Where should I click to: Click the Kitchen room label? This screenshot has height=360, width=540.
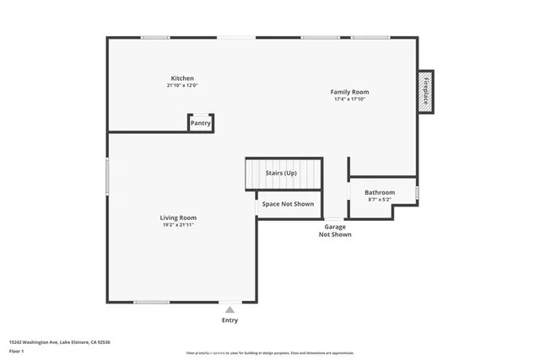pyautogui.click(x=182, y=78)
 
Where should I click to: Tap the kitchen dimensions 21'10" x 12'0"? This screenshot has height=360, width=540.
pyautogui.click(x=182, y=85)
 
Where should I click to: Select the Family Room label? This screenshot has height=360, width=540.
pyautogui.click(x=349, y=92)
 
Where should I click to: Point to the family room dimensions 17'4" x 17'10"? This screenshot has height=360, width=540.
pyautogui.click(x=349, y=99)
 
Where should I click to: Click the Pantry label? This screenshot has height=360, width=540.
pyautogui.click(x=201, y=123)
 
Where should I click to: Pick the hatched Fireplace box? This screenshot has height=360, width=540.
pyautogui.click(x=425, y=91)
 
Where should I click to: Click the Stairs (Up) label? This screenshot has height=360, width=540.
pyautogui.click(x=281, y=173)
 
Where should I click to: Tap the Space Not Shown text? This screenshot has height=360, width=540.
pyautogui.click(x=288, y=204)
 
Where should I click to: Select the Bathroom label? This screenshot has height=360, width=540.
pyautogui.click(x=380, y=192)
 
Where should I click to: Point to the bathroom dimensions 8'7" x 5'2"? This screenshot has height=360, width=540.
pyautogui.click(x=380, y=200)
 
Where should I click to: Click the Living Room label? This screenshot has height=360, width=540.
pyautogui.click(x=178, y=218)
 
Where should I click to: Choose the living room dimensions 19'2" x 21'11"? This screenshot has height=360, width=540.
pyautogui.click(x=178, y=225)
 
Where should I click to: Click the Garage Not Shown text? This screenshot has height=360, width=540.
pyautogui.click(x=335, y=230)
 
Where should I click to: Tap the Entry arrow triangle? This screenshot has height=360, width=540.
pyautogui.click(x=229, y=310)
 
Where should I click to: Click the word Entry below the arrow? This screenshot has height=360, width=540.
pyautogui.click(x=229, y=320)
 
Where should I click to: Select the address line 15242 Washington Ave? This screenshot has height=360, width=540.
pyautogui.click(x=60, y=342)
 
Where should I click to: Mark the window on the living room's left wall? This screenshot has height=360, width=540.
pyautogui.click(x=107, y=178)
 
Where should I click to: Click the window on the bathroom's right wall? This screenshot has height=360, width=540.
pyautogui.click(x=417, y=192)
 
